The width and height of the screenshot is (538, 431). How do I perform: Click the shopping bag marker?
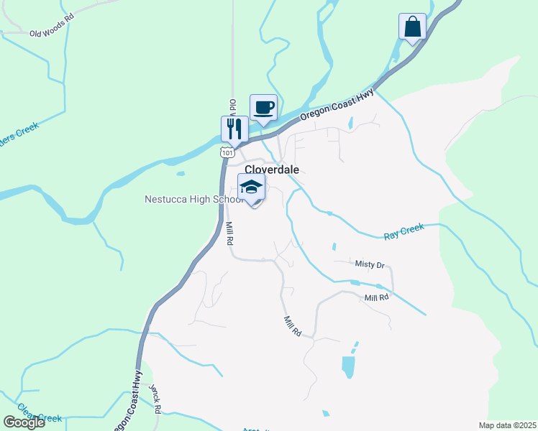(413, 27)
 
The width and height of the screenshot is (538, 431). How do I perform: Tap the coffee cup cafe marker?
(263, 108)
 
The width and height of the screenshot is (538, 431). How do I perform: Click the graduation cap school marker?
(252, 188)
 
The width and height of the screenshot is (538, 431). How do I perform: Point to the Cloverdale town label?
(272, 170)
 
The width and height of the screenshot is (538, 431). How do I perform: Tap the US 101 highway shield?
(227, 152)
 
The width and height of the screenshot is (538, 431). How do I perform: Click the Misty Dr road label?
(370, 264)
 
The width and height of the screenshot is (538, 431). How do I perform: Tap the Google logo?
(24, 422)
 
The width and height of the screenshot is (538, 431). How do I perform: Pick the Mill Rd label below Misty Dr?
(376, 297)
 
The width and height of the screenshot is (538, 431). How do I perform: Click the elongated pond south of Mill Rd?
(348, 366)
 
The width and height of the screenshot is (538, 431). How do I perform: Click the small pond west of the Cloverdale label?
(180, 173)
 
